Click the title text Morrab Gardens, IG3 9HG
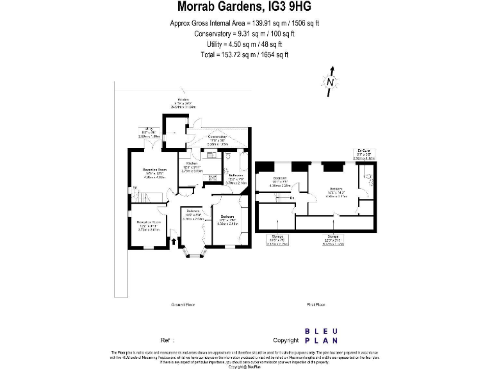point(246,8)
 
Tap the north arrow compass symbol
point(330,81)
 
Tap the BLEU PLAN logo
point(320,336)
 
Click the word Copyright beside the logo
point(286,340)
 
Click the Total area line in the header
point(246,54)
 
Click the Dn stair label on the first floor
point(291,198)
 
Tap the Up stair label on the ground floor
point(134,188)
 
